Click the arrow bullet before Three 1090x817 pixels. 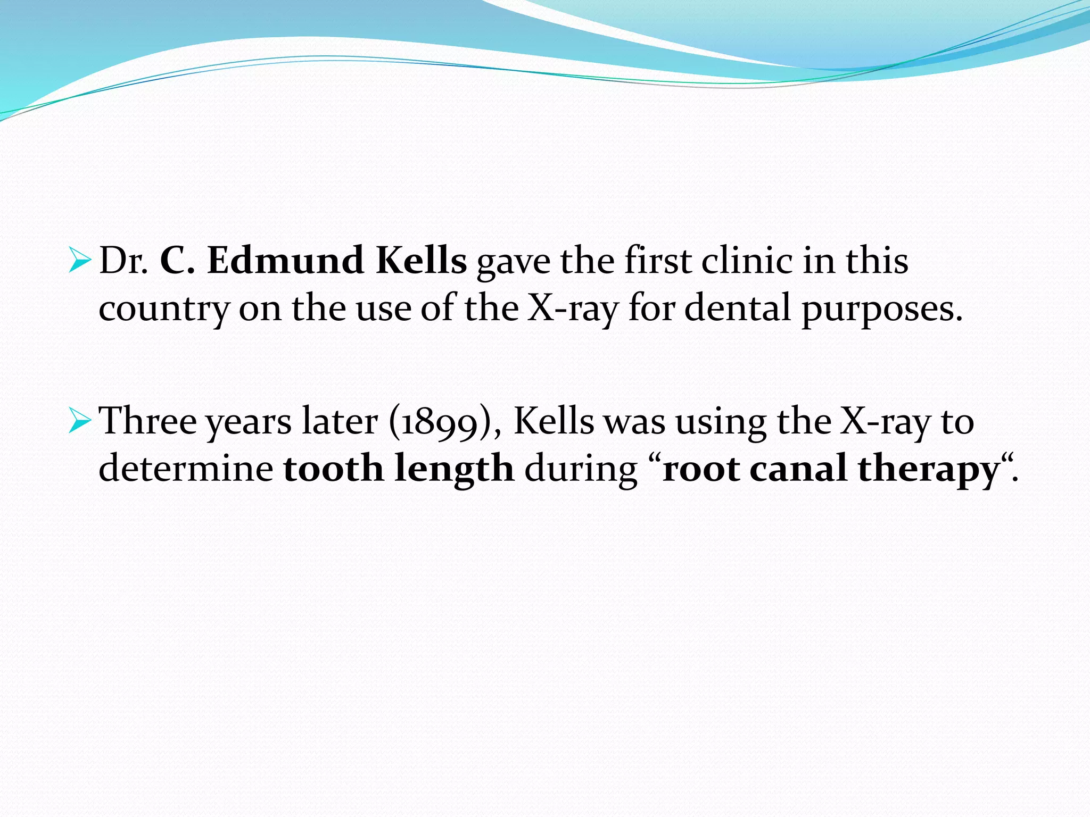[80, 421]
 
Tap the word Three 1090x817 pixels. [148, 421]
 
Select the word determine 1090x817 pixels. [186, 469]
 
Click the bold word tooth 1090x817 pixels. [333, 469]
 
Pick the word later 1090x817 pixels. [340, 421]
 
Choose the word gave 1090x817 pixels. [513, 262]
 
